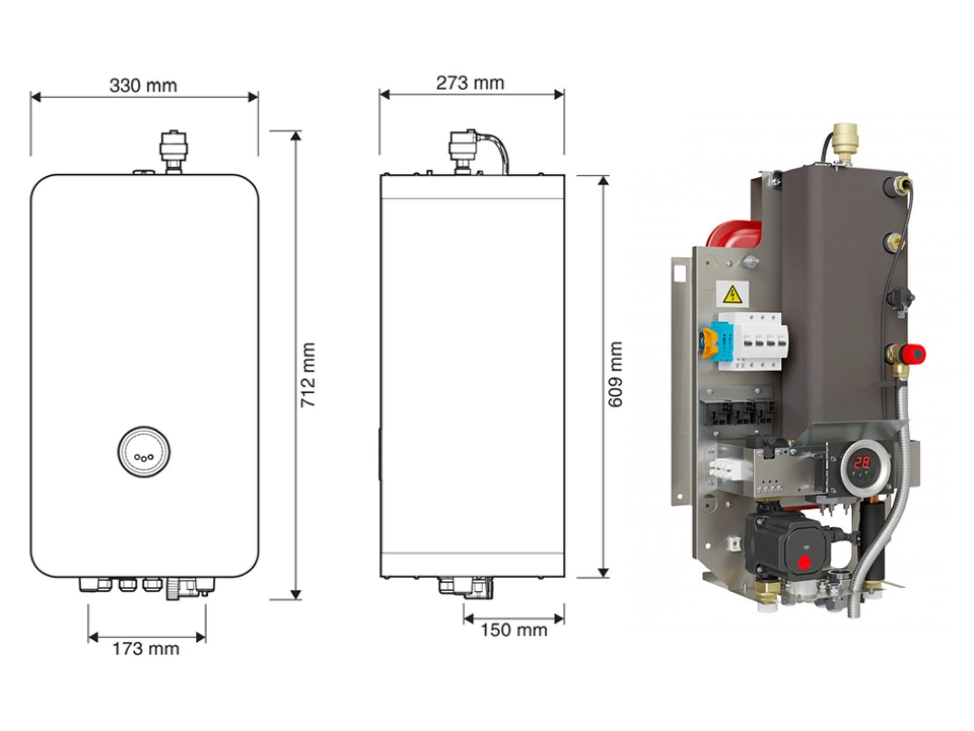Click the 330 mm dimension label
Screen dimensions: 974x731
point(143,85)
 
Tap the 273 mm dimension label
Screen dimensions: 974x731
point(470,83)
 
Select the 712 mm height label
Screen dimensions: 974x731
point(308,375)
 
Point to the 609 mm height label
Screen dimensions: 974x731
point(615,374)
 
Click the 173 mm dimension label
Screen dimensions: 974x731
point(146,649)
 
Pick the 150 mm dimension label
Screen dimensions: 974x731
point(514,630)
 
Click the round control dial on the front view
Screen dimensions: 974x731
point(144,452)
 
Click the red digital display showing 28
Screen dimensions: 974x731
point(862,462)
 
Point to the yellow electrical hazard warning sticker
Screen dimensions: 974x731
point(732,295)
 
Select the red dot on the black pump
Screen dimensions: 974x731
point(805,562)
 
